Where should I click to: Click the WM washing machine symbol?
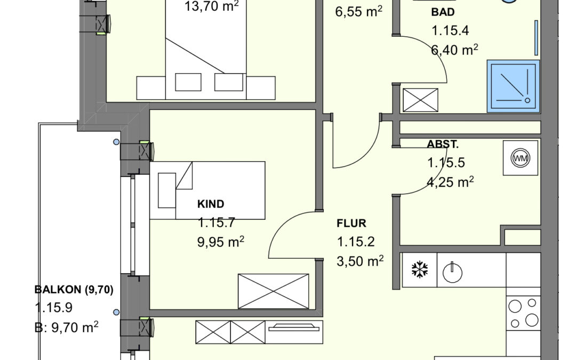coord(520,158)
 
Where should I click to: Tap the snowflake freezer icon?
coord(419,270)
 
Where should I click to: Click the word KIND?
coord(211,204)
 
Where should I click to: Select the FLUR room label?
coord(351,223)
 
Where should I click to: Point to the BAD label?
coord(443,12)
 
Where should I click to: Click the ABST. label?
coord(443,144)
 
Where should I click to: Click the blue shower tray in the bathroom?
coord(513,86)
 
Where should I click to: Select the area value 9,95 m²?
coord(220,242)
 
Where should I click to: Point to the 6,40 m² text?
coord(454,49)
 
